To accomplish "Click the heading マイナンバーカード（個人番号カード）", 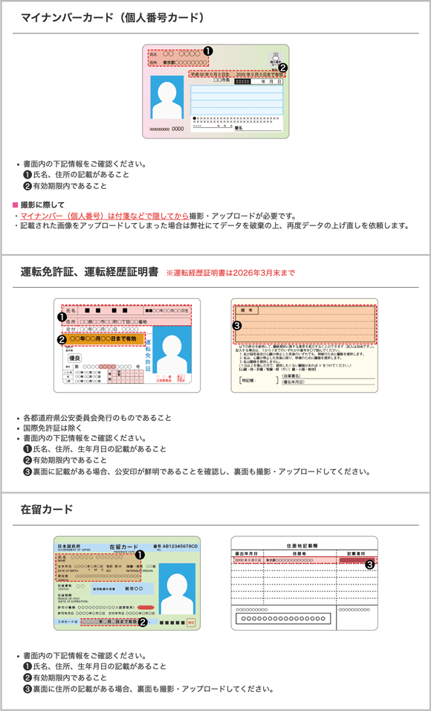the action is (112, 17).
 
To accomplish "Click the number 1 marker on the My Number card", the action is (208, 51).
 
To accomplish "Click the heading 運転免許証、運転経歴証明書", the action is (89, 272).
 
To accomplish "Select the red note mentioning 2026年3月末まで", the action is (230, 273).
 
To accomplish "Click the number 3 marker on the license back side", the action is (237, 325).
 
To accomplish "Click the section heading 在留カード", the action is (47, 509).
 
